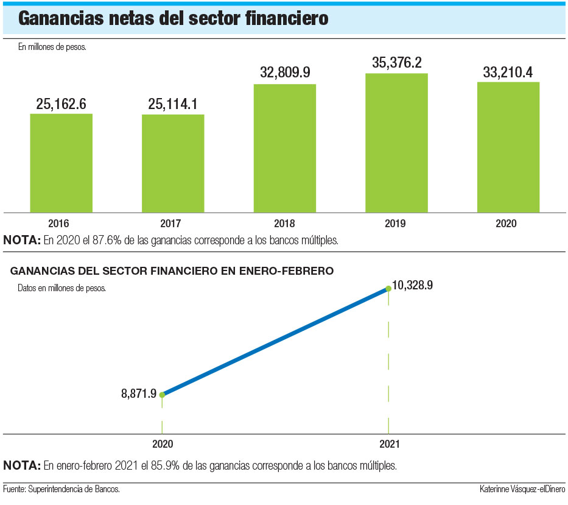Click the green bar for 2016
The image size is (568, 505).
point(61,163)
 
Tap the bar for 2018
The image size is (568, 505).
point(285,148)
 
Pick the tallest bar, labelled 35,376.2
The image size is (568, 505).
point(396,143)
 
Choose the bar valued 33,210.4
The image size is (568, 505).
point(508,147)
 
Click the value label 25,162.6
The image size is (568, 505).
point(61,104)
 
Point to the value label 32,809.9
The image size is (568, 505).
point(285,72)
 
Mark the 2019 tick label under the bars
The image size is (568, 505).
point(396,224)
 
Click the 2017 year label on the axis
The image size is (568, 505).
point(173,224)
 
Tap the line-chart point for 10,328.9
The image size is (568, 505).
point(388,289)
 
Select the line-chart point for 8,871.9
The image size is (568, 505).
point(162,395)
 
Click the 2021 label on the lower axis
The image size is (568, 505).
point(389,445)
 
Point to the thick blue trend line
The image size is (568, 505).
point(275,342)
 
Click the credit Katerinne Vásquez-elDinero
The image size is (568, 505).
point(522,489)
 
